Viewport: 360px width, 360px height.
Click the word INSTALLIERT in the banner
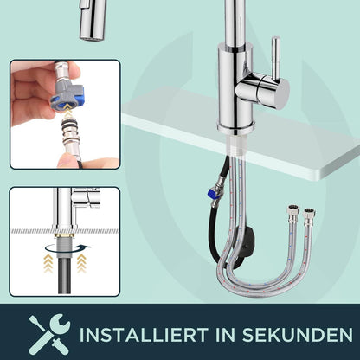pos(144,335)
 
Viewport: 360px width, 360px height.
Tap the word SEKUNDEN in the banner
pos(297,335)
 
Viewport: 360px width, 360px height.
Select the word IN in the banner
pos(225,335)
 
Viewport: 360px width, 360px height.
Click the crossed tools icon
pos(49,334)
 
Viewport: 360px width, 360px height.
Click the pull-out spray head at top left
pos(93,19)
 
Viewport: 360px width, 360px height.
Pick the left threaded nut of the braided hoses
pos(292,211)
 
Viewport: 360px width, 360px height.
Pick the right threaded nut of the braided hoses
pos(309,214)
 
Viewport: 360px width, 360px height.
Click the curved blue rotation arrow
pos(67,248)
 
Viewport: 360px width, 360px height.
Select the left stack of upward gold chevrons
pos(48,263)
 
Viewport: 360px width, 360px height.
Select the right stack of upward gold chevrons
pos(81,263)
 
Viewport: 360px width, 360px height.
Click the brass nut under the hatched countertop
pos(65,235)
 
